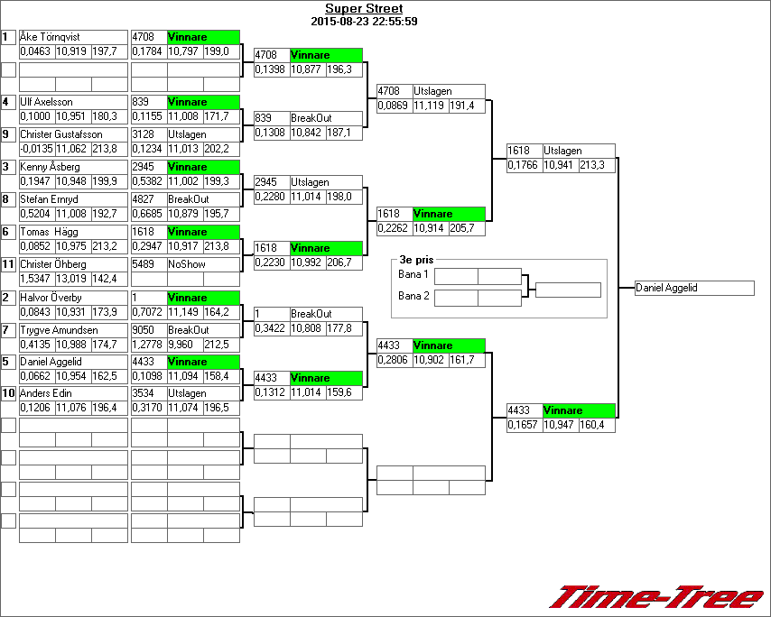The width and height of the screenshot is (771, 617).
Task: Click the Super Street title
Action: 364,9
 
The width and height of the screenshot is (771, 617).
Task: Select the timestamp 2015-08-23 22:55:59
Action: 364,21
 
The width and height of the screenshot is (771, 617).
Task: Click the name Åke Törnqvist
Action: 51,37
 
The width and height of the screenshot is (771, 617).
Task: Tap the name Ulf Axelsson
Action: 47,102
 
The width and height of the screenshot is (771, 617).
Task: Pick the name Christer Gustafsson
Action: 61,134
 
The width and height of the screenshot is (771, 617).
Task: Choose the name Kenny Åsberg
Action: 51,167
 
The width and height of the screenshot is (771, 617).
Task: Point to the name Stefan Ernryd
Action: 51,199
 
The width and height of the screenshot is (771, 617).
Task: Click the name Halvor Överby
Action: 51,297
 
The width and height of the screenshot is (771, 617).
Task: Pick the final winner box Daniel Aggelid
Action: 693,288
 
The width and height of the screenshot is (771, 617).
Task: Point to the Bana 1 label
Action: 413,274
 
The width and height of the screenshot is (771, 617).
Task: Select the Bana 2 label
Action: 413,296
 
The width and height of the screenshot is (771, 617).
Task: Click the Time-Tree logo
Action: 656,597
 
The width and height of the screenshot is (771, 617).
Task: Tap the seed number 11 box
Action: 8,264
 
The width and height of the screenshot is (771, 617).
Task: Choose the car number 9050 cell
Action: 148,330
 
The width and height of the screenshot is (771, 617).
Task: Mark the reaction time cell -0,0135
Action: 36,149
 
